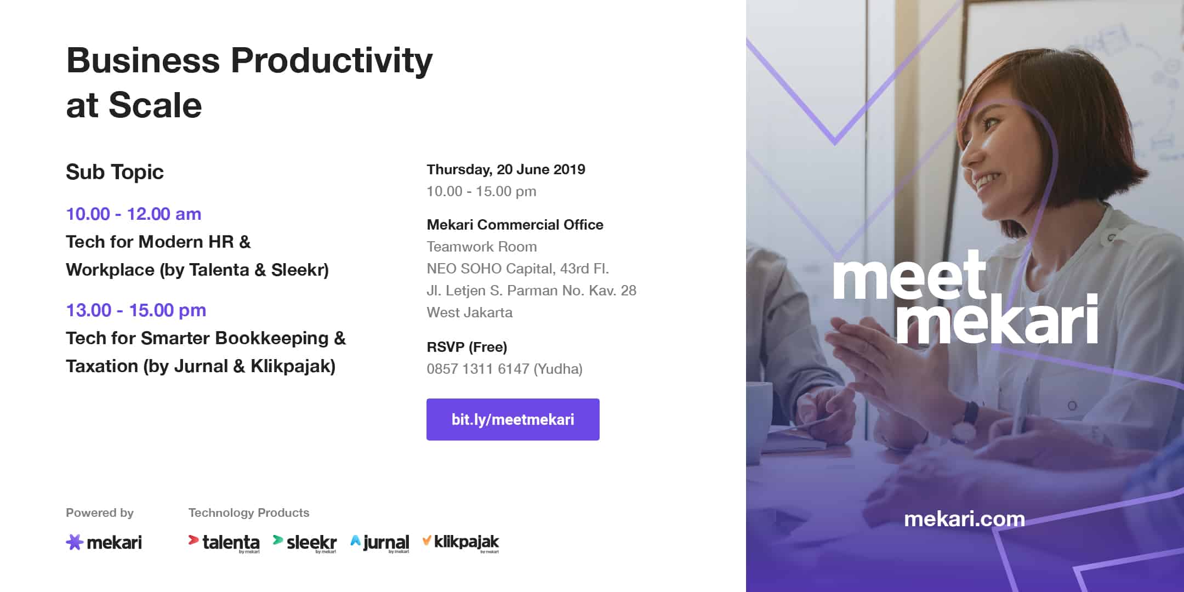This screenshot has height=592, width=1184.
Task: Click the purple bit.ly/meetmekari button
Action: point(513,419)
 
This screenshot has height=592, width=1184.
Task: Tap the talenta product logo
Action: point(224,543)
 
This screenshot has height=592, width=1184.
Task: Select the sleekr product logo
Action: point(305,543)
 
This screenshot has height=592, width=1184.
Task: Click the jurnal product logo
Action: point(380,543)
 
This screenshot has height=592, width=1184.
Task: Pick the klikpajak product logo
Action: point(461,543)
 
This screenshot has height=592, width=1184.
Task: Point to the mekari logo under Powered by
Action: point(104,542)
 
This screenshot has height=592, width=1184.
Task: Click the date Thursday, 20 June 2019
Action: point(506,169)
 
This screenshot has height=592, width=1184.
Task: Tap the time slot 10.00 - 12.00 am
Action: point(134,214)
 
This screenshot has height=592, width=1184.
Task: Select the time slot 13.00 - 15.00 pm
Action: point(136,310)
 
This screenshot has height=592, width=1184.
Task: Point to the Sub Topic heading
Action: point(115,172)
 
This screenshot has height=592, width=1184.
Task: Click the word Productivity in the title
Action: point(332,61)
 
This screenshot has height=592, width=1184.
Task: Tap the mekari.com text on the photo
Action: point(964,519)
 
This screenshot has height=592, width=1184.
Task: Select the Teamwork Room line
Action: point(482,247)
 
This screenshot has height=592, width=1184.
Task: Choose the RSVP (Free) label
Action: point(467,347)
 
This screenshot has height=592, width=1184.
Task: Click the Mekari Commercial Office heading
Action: point(515,225)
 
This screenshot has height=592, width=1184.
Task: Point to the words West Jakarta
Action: point(470,312)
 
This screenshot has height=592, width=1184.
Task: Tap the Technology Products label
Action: point(249,513)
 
